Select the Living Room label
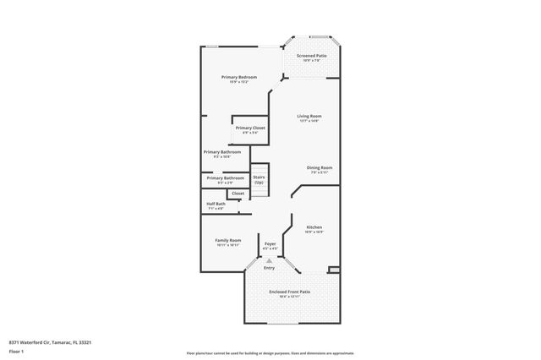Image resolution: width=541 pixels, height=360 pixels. coord(309,116)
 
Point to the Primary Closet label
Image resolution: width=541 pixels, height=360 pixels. coord(250,128)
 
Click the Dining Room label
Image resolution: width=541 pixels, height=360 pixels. coord(319,167)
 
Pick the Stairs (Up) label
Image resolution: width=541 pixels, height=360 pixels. coord(259,179)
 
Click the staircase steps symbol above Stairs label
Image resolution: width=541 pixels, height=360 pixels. coord(259,168)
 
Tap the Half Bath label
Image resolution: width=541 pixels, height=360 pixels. coord(216,204)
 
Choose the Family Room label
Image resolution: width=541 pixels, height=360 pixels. coord(228,240)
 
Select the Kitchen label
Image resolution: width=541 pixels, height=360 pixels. coord(314,227)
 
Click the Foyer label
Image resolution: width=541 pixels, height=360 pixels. coord(270,243)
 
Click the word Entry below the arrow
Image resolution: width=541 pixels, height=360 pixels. coord(269,268)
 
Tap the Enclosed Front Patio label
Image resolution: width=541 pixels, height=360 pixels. coord(289,292)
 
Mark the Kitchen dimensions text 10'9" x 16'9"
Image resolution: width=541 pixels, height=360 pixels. coord(314,232)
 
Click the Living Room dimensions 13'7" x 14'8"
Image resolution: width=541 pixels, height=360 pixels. coord(309,121)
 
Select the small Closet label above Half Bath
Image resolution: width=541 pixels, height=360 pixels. coord(238,193)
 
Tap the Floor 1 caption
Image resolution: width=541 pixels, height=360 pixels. coord(16,350)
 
